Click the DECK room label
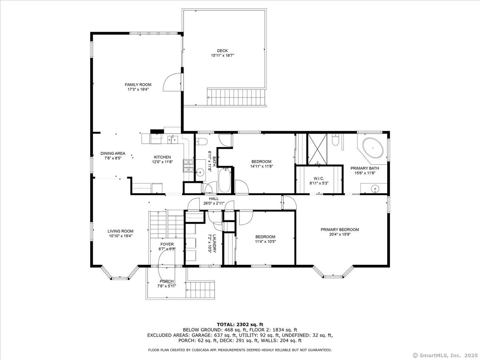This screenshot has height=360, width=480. click(222, 51)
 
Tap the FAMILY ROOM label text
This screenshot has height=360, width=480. click(138, 84)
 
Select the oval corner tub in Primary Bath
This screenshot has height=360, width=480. click(373, 148)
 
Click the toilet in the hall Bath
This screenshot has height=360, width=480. click(202, 142)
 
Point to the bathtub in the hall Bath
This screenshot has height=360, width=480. click(224, 180)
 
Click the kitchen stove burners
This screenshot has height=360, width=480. click(188, 166)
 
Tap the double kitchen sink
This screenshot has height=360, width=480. click(173, 140)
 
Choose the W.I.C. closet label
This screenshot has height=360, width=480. click(319, 178)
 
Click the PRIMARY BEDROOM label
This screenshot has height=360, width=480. click(340, 230)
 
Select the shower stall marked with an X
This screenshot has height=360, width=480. click(318, 149)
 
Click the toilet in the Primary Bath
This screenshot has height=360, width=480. click(335, 140)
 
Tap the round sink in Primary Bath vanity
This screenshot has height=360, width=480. click(375, 188)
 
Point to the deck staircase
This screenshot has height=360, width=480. click(236, 97)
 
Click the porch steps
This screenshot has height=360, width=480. click(200, 289)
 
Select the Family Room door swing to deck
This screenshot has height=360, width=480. click(172, 82)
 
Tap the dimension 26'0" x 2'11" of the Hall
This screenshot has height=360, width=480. click(214, 203)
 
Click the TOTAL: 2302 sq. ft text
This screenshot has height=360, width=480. click(240, 324)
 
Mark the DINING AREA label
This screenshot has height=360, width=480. click(113, 154)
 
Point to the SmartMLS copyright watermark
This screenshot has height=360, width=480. click(446, 355)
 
